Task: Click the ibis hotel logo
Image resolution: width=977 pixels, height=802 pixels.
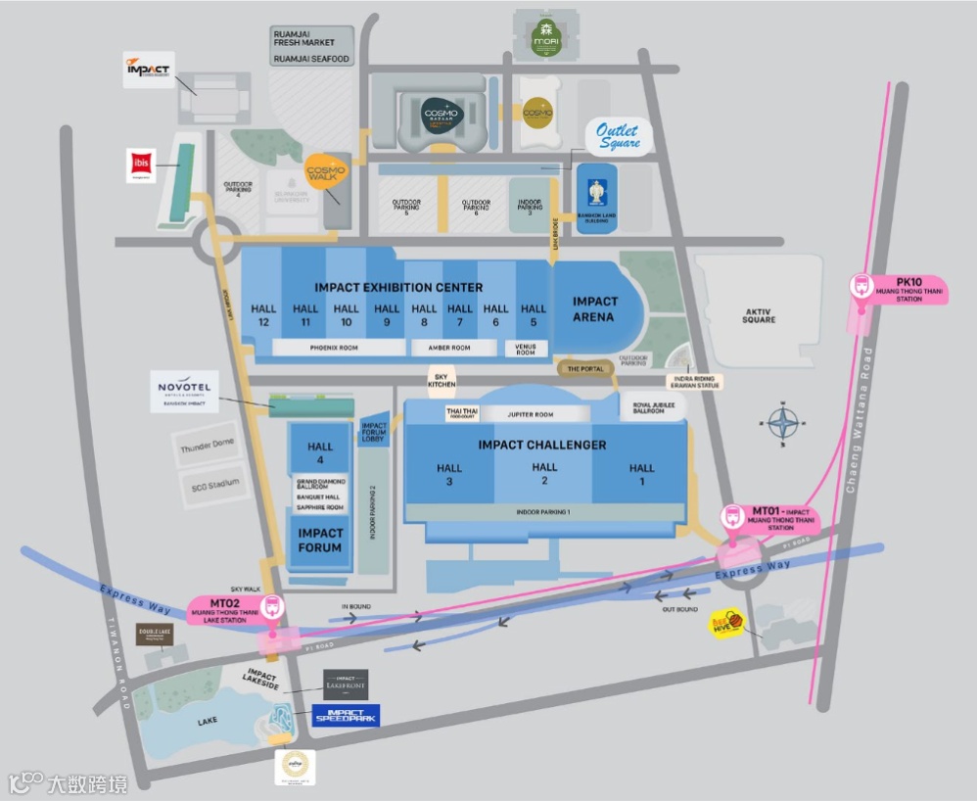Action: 141,165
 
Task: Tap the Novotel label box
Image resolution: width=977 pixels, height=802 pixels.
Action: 184,393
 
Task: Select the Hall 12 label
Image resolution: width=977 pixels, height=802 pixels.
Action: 263,314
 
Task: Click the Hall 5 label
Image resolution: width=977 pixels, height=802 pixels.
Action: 534,314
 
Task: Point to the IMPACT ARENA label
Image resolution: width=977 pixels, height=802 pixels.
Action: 594,308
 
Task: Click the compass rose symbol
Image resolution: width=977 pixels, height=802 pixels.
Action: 783,424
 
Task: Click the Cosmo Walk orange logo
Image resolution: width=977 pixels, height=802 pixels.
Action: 325,170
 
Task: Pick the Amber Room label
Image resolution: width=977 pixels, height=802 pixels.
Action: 448,348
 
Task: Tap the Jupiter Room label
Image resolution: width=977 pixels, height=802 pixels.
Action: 531,414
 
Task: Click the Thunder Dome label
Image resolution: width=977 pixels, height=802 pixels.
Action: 208,447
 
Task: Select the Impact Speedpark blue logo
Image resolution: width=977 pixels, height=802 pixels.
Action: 346,716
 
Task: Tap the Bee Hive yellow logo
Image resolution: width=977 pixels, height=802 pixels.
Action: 723,623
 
